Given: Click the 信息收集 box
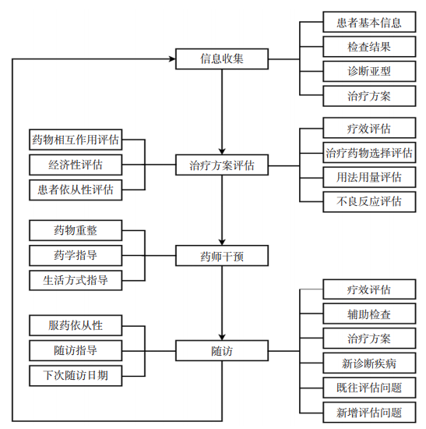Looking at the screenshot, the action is click(x=222, y=58).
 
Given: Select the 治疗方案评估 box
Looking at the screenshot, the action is click(x=222, y=165).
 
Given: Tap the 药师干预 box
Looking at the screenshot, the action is click(x=222, y=256).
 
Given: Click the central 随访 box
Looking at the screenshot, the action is click(x=222, y=351).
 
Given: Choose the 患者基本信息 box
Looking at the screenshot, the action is click(x=369, y=22).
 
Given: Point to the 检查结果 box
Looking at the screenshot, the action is click(x=369, y=47).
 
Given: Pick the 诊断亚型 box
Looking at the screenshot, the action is click(x=369, y=71).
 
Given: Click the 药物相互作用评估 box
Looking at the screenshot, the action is click(x=76, y=140).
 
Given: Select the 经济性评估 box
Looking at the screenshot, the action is click(x=76, y=165).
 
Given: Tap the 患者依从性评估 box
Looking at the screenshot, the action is click(x=76, y=190).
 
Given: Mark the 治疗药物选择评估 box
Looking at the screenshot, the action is click(x=369, y=153).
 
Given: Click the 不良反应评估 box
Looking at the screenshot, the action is click(x=369, y=202).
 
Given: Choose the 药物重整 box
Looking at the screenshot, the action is click(x=76, y=230).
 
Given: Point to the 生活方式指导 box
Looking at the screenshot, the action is click(x=76, y=281).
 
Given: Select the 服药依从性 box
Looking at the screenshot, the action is click(x=76, y=325).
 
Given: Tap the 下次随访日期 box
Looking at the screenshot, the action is click(x=76, y=376).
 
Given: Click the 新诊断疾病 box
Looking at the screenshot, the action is click(x=369, y=363).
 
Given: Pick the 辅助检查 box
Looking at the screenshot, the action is click(x=369, y=314).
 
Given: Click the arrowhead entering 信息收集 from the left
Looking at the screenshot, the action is click(x=172, y=58).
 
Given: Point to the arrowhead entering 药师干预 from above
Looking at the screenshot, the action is click(x=222, y=243).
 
